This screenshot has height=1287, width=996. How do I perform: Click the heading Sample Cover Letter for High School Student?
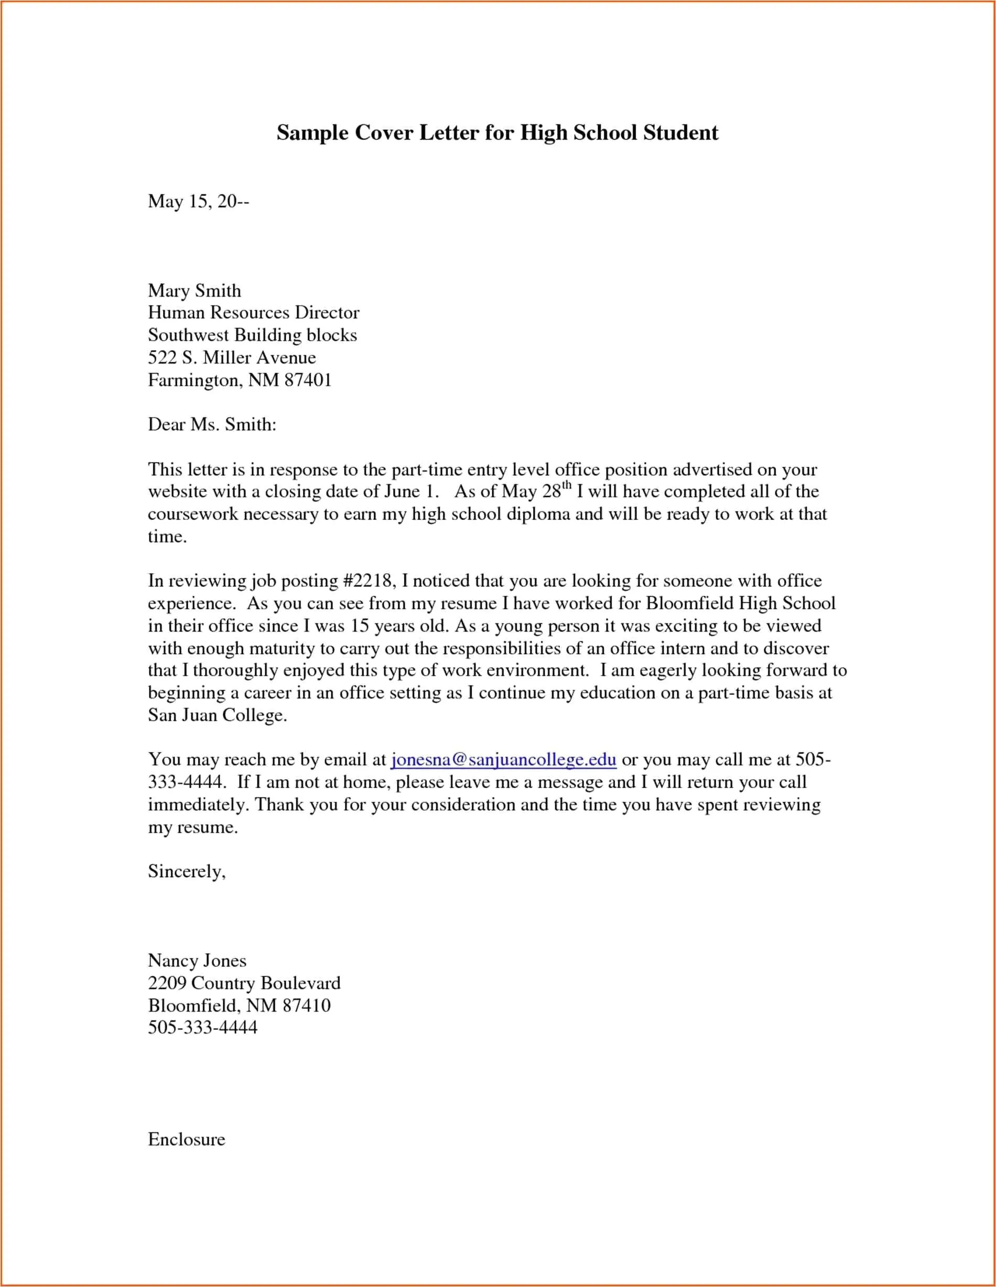pyautogui.click(x=497, y=133)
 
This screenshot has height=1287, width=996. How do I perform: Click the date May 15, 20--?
pyautogui.click(x=199, y=202)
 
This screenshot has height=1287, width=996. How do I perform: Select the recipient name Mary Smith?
pyautogui.click(x=194, y=290)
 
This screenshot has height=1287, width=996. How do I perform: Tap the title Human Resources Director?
pyautogui.click(x=253, y=312)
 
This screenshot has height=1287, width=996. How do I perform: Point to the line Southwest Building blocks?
pyautogui.click(x=252, y=335)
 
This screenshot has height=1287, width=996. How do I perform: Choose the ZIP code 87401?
pyautogui.click(x=308, y=380)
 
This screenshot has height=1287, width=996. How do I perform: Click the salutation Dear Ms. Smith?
pyautogui.click(x=212, y=424)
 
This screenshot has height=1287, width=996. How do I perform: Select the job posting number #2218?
pyautogui.click(x=368, y=581)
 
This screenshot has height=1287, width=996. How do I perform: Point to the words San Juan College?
pyautogui.click(x=216, y=715)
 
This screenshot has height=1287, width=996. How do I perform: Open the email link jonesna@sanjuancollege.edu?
pyautogui.click(x=504, y=760)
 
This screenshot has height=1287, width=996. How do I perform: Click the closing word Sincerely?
pyautogui.click(x=187, y=871)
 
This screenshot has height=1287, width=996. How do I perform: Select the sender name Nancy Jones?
pyautogui.click(x=198, y=961)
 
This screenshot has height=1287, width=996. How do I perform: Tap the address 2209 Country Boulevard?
pyautogui.click(x=244, y=983)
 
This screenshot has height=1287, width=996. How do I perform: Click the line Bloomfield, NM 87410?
pyautogui.click(x=239, y=1005)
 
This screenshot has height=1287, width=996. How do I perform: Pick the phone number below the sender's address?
pyautogui.click(x=203, y=1028)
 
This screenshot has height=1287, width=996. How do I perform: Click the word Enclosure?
pyautogui.click(x=186, y=1139)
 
